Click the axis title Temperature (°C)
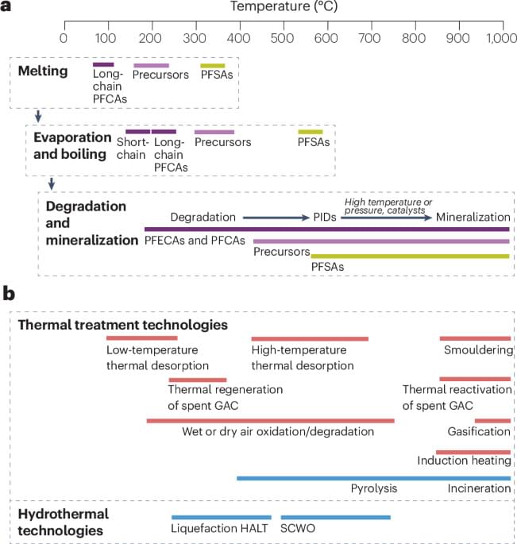[x=287, y=8]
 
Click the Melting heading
[x=42, y=72]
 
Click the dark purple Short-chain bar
[x=137, y=132]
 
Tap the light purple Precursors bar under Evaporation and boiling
[x=214, y=132]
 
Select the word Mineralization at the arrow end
[x=473, y=217]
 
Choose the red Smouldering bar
[x=475, y=338]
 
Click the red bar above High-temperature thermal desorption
[x=310, y=338]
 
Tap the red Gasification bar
[x=492, y=421]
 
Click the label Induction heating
[x=463, y=461]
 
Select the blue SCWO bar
[x=335, y=517]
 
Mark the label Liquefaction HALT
[x=221, y=529]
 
